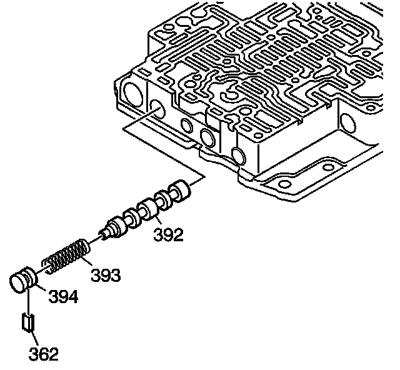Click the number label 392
click(169, 235)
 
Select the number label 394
click(63, 296)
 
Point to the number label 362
click(43, 354)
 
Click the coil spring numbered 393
click(67, 255)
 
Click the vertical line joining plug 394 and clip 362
click(27, 303)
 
